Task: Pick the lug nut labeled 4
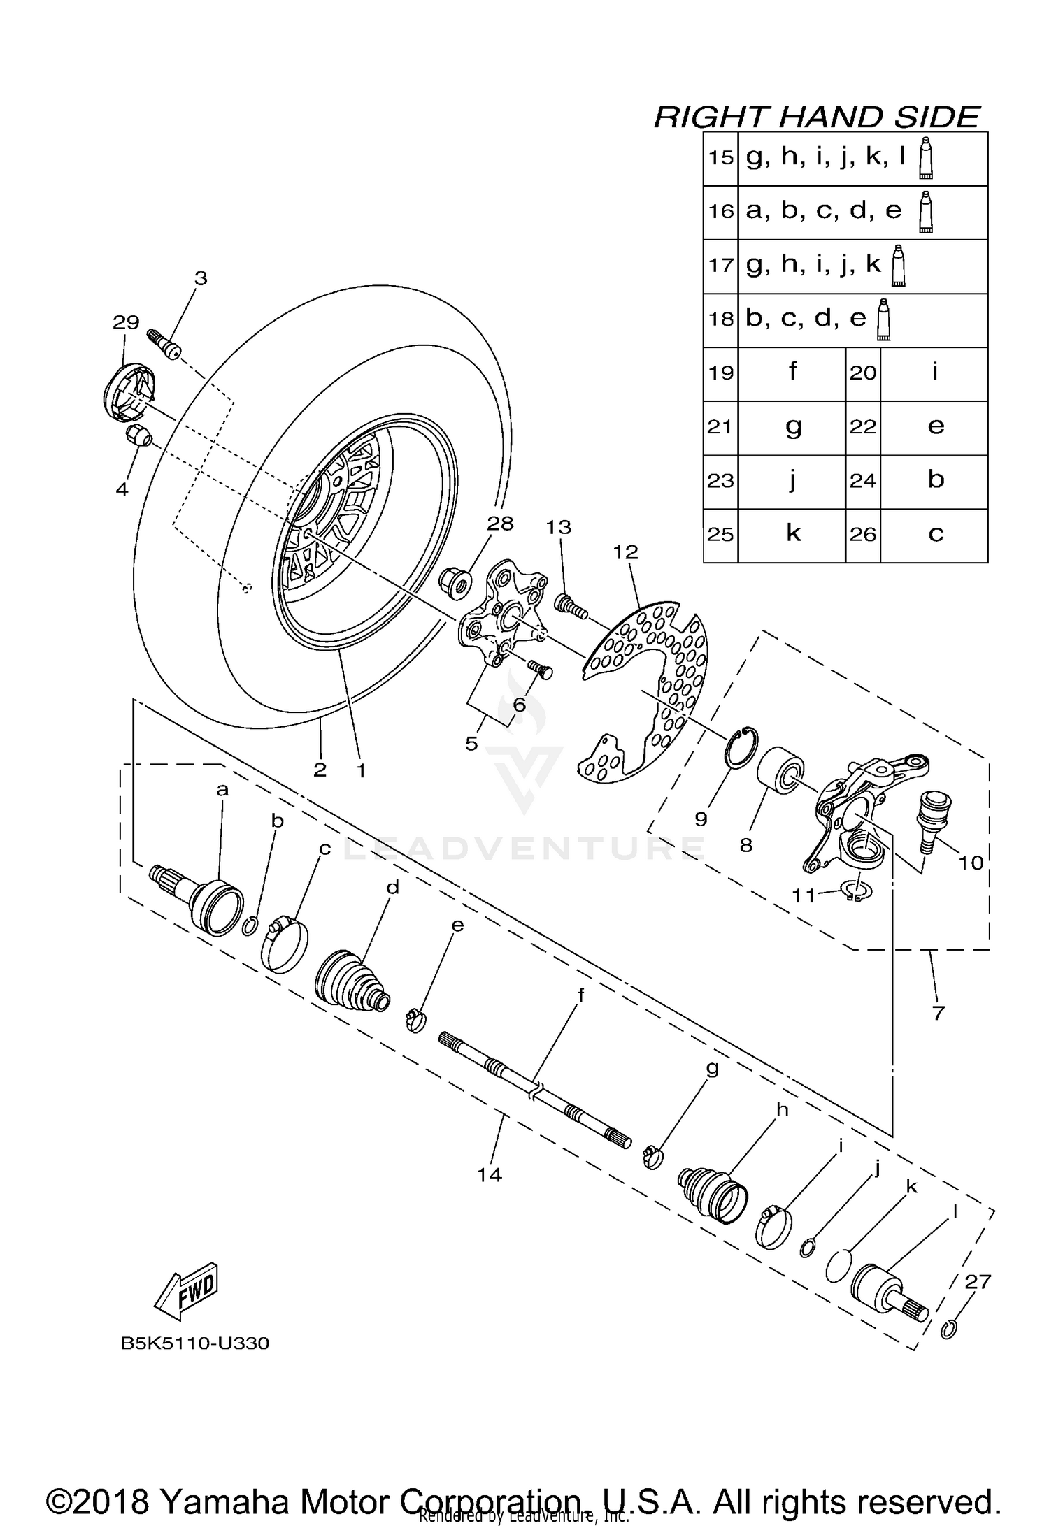(138, 436)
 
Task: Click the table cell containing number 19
(720, 373)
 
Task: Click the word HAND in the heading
(822, 117)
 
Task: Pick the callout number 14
(490, 1175)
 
